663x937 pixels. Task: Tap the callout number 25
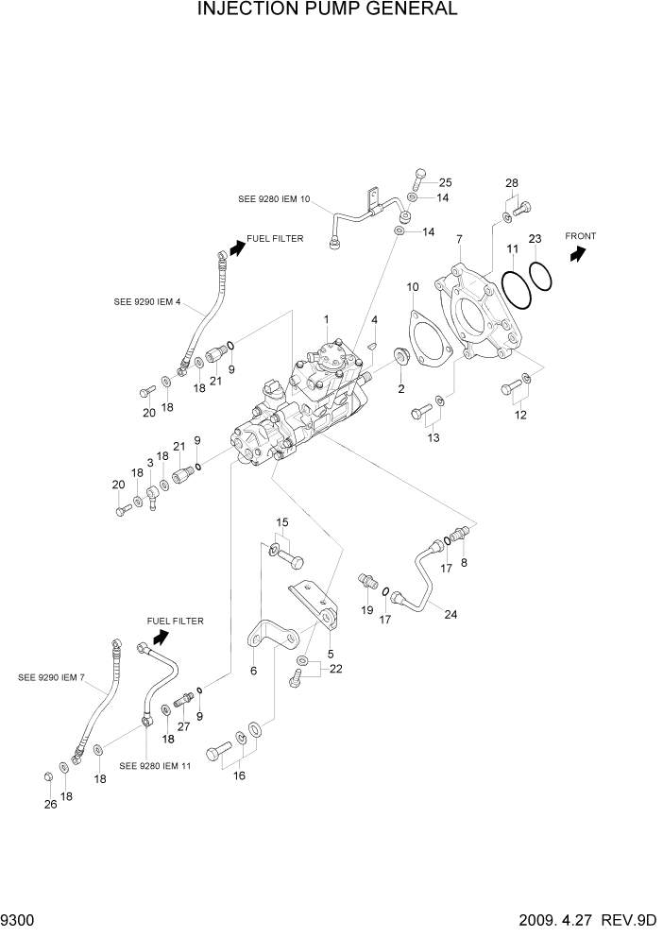[x=446, y=181]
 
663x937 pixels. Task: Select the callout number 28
[x=511, y=182]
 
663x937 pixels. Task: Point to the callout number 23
[x=535, y=239]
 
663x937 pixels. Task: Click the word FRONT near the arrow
[x=581, y=235]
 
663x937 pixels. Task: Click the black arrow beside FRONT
[x=577, y=253]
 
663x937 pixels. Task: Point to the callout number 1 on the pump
[x=326, y=318]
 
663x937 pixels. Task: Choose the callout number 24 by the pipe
[x=450, y=614]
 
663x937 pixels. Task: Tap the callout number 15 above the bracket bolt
[x=281, y=522]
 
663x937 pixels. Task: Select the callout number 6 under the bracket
[x=252, y=670]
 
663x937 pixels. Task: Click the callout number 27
[x=183, y=727]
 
